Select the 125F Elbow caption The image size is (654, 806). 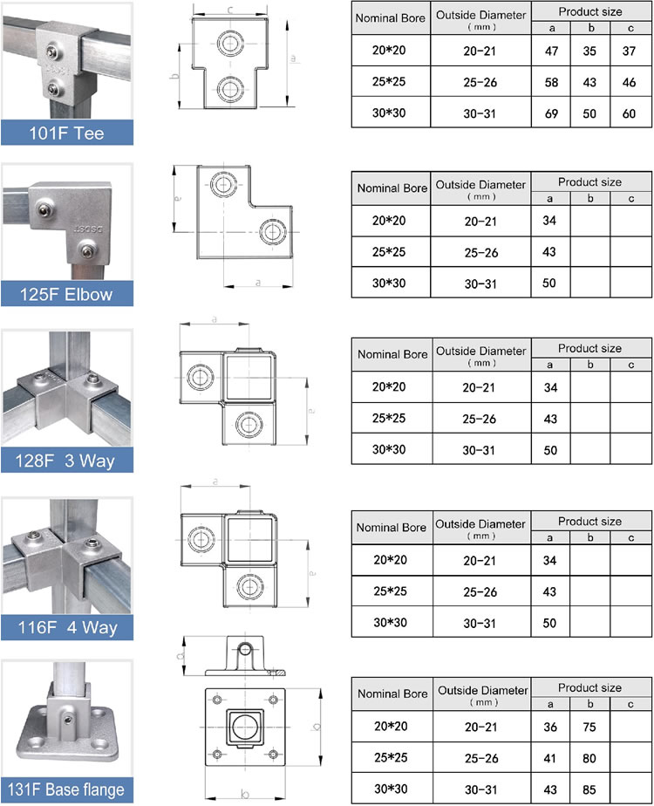point(66,294)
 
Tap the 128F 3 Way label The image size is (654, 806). point(66,460)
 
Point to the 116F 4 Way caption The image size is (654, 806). point(66,626)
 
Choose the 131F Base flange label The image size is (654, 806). point(66,790)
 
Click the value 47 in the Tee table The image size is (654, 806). point(550,51)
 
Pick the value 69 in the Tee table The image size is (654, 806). point(550,113)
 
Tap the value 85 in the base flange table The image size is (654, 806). point(590,789)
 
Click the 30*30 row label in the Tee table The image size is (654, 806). point(389,113)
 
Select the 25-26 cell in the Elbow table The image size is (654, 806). point(480,253)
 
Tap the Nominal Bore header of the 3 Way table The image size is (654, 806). point(392,355)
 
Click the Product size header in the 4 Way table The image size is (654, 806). point(590,521)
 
